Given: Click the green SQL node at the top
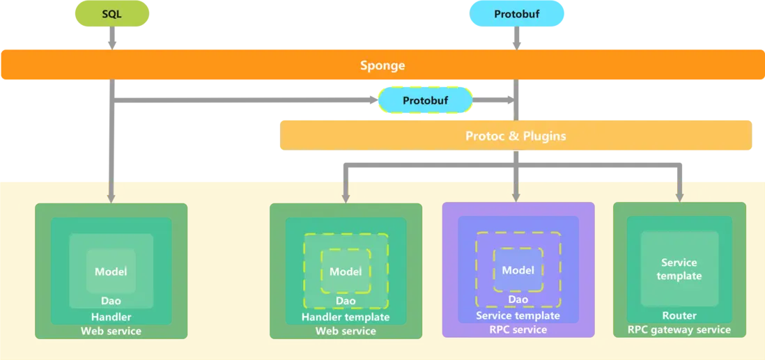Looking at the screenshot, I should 111,14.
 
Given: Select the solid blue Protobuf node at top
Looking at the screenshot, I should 516,14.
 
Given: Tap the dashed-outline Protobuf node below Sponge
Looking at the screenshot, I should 425,100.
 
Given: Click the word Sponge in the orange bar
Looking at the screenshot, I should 382,65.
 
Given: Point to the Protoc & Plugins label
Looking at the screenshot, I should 516,136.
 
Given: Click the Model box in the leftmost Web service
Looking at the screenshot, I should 111,271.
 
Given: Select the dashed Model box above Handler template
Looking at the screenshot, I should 346,271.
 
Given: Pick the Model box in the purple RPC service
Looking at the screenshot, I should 518,270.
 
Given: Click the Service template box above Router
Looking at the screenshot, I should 679,269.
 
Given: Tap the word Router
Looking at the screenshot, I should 679,315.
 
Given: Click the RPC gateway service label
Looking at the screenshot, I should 679,329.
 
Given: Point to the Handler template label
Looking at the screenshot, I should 346,317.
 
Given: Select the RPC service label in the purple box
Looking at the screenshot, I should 518,329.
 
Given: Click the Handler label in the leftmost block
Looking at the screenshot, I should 111,317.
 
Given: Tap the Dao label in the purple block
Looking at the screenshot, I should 518,299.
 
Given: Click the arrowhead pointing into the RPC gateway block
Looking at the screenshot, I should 679,196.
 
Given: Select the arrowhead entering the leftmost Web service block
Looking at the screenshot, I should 111,197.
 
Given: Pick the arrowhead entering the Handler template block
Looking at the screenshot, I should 346,197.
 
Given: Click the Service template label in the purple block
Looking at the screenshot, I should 518,315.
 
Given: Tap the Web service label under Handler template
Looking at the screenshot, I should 346,331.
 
